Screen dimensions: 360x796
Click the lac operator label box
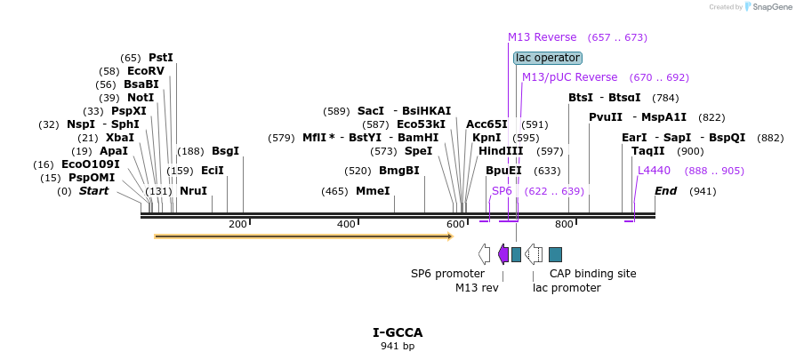(548, 58)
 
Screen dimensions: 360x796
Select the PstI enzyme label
(161, 58)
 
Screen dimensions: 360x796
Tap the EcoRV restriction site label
(146, 71)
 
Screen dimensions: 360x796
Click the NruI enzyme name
(193, 191)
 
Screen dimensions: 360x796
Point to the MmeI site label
(373, 191)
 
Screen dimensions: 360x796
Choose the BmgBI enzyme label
(399, 171)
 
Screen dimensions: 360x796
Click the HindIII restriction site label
(501, 151)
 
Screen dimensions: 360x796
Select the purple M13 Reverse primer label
(542, 37)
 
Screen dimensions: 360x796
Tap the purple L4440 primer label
(654, 171)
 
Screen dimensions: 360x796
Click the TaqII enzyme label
(647, 151)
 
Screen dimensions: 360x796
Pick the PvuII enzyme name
(606, 117)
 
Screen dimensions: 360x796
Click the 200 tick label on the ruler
(237, 224)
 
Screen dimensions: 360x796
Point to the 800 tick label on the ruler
(564, 224)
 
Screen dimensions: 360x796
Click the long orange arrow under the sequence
(303, 236)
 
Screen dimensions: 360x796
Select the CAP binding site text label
(592, 274)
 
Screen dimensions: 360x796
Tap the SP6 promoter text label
(447, 274)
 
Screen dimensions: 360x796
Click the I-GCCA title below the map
(398, 333)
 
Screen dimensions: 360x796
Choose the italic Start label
(93, 191)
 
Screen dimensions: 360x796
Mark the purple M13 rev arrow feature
(503, 254)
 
